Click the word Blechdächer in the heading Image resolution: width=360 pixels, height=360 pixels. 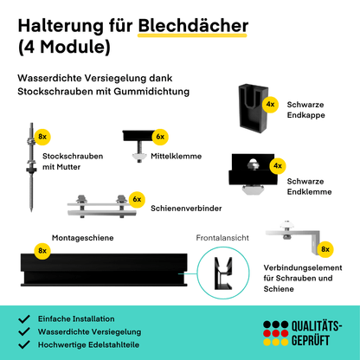coord(193,26)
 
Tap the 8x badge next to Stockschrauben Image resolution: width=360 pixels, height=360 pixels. coord(42,137)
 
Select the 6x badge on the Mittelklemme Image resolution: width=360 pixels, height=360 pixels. coord(160,137)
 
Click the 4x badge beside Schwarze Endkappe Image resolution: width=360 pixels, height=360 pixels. coord(270,104)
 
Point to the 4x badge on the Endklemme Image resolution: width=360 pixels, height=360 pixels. coord(278,165)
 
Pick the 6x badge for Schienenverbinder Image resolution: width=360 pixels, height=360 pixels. coord(137,200)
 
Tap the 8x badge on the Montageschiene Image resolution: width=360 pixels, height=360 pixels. coord(42,251)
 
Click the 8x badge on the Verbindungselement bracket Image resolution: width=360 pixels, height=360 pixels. coord(325,249)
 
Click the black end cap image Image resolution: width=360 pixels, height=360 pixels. coord(253,108)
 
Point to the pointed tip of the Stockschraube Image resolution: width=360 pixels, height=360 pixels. coord(31,210)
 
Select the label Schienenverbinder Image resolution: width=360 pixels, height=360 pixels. coord(186,209)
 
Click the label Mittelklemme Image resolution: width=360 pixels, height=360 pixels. coord(176,156)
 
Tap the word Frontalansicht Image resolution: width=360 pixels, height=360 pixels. coord(222,238)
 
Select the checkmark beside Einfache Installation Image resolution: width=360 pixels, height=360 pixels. coord(24,318)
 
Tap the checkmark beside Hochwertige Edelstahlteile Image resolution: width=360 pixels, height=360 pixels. coord(24,344)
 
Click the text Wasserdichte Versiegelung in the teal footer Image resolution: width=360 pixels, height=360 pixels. coord(89,331)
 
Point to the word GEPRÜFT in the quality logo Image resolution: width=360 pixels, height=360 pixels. coord(311,340)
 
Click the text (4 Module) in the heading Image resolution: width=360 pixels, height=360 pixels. coord(64,47)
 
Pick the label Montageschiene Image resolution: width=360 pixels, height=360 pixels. coord(82,238)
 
